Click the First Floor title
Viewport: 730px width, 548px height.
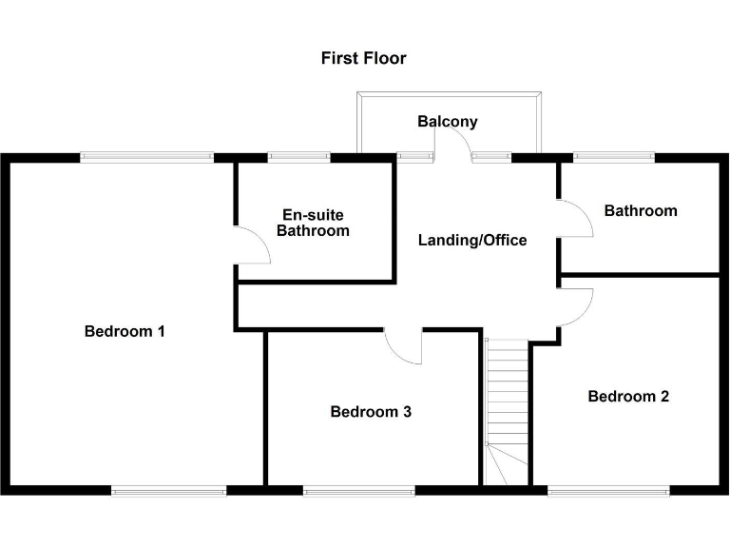(364, 58)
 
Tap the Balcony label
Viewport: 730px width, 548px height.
(448, 122)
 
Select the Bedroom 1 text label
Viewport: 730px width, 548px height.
(125, 331)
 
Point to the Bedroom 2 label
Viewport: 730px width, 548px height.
(628, 396)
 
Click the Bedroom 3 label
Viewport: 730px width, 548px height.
(371, 412)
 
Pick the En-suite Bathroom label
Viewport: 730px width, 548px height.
(313, 223)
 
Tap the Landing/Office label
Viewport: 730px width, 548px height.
(472, 241)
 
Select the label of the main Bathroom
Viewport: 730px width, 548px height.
(641, 210)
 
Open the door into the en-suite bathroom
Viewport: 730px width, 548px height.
(253, 245)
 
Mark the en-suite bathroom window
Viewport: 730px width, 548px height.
(298, 157)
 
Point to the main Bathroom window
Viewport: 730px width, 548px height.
(614, 157)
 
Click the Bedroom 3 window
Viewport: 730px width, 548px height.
(358, 491)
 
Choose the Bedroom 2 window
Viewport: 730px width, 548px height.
(608, 491)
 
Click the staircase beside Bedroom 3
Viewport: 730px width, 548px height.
(506, 409)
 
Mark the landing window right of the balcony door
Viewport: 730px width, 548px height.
(491, 157)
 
